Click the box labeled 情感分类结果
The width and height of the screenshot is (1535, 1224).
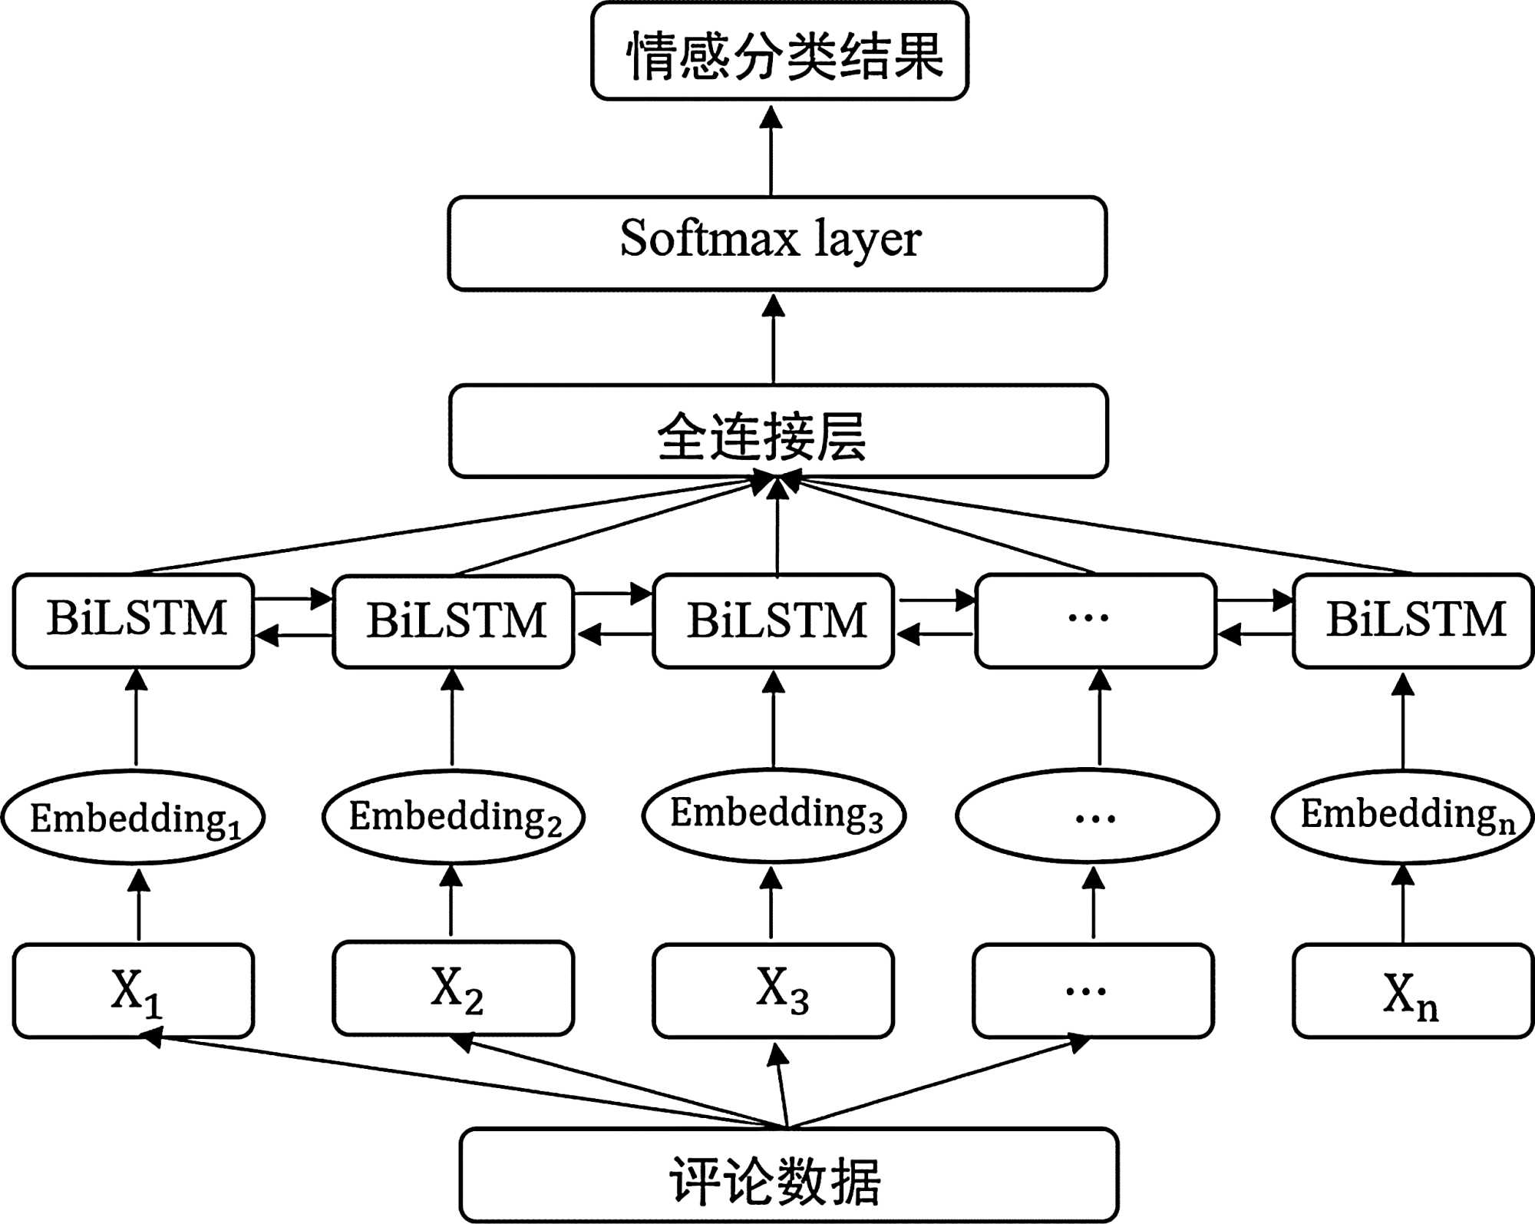[x=779, y=52]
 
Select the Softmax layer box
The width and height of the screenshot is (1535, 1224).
[x=777, y=243]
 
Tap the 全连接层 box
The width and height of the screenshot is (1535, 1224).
[x=777, y=432]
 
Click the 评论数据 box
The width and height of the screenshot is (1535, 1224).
[x=788, y=1175]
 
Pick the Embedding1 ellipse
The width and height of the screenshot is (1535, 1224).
[x=134, y=817]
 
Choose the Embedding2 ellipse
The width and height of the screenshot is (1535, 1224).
[x=454, y=816]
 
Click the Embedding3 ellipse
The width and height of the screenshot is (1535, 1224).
[x=774, y=815]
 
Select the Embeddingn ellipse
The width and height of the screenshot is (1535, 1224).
[x=1404, y=815]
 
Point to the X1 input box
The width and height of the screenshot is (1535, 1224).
[x=134, y=991]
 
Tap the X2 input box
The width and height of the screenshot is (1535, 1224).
[x=454, y=988]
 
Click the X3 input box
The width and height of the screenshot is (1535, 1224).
[x=774, y=991]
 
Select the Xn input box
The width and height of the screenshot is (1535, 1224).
[x=1413, y=991]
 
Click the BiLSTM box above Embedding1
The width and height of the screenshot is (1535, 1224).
[x=134, y=620]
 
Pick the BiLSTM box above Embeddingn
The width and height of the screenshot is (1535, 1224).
[x=1413, y=620]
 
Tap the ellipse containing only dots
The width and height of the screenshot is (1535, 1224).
[x=1087, y=815]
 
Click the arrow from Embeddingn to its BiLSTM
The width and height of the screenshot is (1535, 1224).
[x=1403, y=722]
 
